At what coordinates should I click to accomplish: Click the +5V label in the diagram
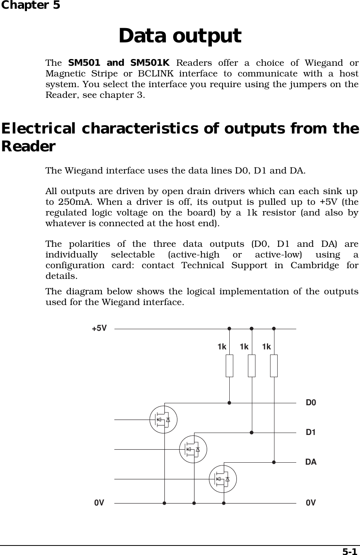click(x=99, y=328)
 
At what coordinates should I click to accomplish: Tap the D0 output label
click(x=311, y=403)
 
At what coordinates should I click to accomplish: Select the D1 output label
click(x=311, y=432)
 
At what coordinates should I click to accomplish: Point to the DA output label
click(x=311, y=462)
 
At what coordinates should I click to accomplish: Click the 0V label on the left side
click(x=99, y=503)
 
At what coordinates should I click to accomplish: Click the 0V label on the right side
click(x=311, y=503)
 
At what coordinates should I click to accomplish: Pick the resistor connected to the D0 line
click(x=229, y=366)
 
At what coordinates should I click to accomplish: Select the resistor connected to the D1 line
click(x=251, y=366)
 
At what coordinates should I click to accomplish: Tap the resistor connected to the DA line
click(x=274, y=366)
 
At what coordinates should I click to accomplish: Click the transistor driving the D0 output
click(x=163, y=420)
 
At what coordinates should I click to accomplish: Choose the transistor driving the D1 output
click(x=193, y=449)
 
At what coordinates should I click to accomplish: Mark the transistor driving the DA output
click(x=223, y=479)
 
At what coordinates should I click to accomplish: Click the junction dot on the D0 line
click(x=229, y=403)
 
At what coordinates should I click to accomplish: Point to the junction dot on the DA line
click(x=274, y=462)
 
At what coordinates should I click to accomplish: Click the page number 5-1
click(x=349, y=551)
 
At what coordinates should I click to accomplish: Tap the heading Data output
click(x=180, y=36)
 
